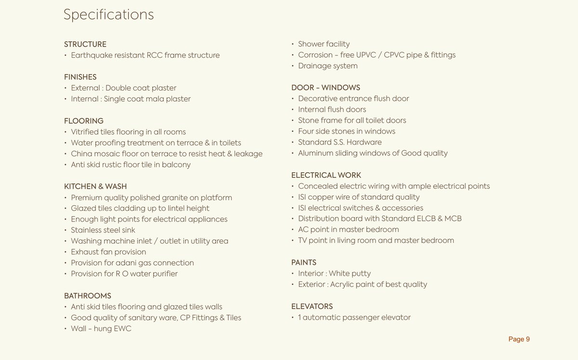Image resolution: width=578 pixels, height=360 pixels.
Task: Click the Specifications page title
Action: (x=108, y=14)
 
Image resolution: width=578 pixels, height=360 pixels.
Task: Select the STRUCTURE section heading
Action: (x=85, y=44)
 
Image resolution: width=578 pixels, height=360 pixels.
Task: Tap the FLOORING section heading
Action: (x=84, y=121)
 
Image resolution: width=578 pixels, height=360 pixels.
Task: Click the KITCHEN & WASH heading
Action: (x=95, y=186)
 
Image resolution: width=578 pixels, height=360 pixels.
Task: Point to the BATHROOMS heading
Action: (x=88, y=296)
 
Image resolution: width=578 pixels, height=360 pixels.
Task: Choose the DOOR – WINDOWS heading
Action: (x=326, y=88)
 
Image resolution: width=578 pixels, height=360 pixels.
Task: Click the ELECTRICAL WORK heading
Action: (x=326, y=175)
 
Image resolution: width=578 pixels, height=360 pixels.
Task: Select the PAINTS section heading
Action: (x=304, y=262)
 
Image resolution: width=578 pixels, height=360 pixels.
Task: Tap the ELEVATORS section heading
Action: (x=312, y=306)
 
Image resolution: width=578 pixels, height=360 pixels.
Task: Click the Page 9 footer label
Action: (x=519, y=339)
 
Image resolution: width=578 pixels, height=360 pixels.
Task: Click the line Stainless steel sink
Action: (x=103, y=230)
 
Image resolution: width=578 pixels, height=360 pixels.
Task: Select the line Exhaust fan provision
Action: (x=108, y=252)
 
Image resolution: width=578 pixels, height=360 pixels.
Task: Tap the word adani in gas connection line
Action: (x=128, y=263)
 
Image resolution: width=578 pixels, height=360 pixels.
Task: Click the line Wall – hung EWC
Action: (x=101, y=329)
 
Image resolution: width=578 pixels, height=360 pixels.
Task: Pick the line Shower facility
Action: (x=324, y=44)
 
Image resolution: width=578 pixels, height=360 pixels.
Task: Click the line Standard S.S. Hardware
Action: (x=340, y=142)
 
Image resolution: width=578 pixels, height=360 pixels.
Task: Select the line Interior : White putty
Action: (x=334, y=273)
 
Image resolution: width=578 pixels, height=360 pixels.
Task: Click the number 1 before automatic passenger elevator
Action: (x=300, y=317)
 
